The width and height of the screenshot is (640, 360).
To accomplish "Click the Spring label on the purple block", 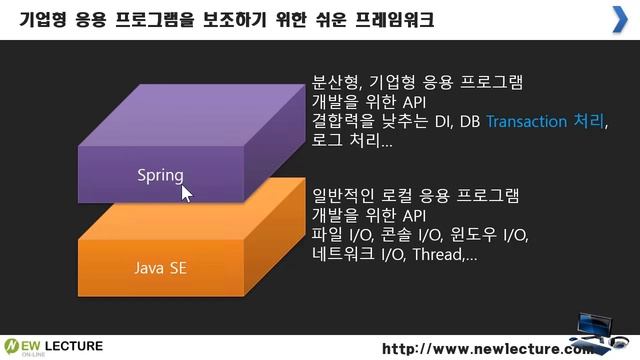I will (x=159, y=175).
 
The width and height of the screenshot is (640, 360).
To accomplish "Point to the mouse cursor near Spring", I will (x=186, y=191).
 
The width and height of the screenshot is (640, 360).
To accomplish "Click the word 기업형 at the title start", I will (x=46, y=20).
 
